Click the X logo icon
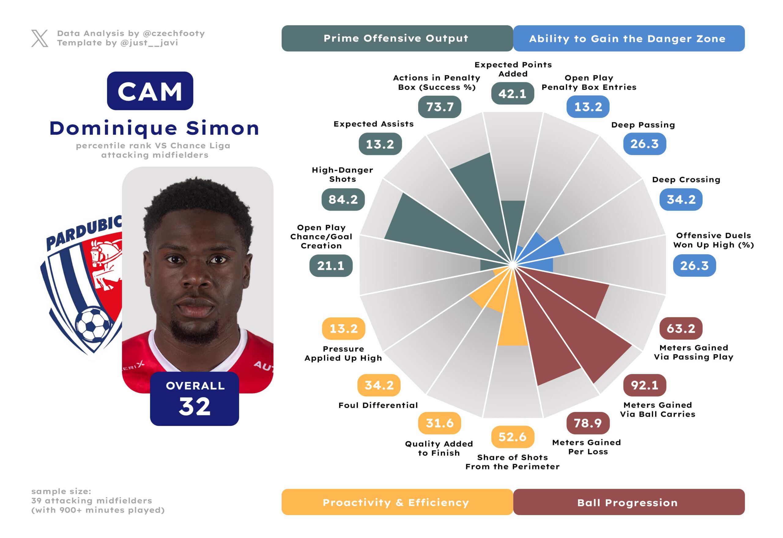point(40,38)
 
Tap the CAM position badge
point(150,91)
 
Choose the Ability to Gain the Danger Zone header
point(628,39)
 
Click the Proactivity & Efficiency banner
point(397,502)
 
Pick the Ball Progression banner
point(628,502)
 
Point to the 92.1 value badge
point(644,385)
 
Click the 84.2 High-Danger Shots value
point(343,200)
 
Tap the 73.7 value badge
point(440,107)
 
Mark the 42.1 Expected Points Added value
point(512,93)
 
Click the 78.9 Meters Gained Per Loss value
point(588,423)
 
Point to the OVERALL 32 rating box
point(195,399)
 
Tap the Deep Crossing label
point(686,180)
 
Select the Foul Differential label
point(378,405)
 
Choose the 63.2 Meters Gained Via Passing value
point(681,328)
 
